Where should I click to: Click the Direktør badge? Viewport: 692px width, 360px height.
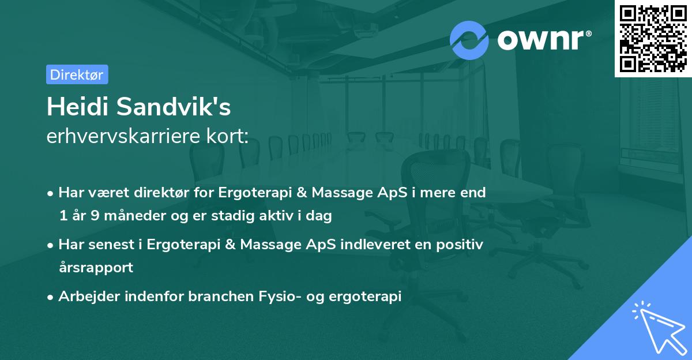coord(77,74)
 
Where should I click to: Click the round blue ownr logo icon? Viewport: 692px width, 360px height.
coord(469,40)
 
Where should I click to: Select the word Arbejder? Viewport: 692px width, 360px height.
coord(85,297)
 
